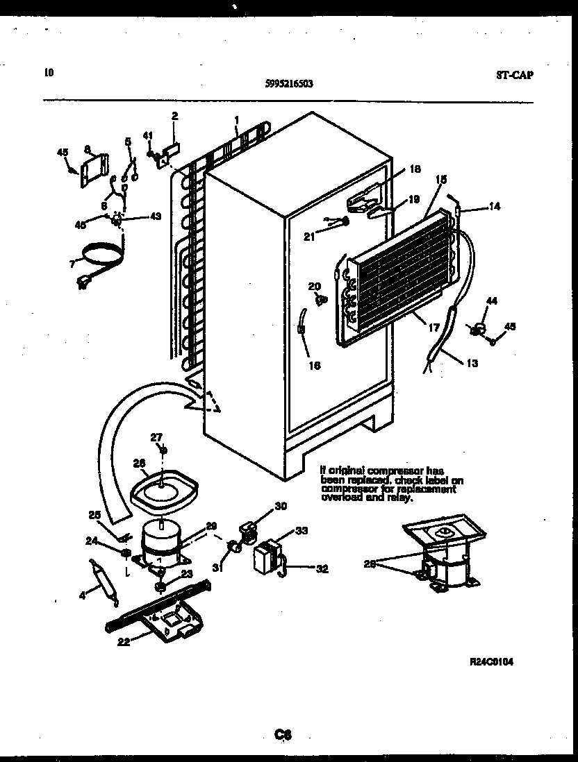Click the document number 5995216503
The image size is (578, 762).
pyautogui.click(x=289, y=83)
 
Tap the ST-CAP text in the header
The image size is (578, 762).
pyautogui.click(x=515, y=75)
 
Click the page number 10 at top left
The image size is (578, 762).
pyautogui.click(x=48, y=71)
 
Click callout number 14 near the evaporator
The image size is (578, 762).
pyautogui.click(x=494, y=206)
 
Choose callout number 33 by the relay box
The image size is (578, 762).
pyautogui.click(x=301, y=532)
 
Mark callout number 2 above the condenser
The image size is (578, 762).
pyautogui.click(x=174, y=116)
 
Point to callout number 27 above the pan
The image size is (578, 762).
pyautogui.click(x=156, y=437)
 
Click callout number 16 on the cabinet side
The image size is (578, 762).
pyautogui.click(x=315, y=366)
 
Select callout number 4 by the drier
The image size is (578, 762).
pyautogui.click(x=83, y=595)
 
